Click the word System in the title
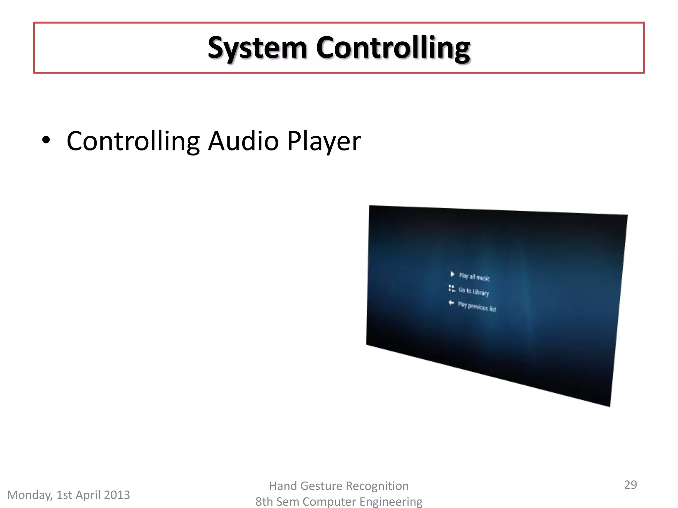coord(257,48)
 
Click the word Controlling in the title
coord(393,48)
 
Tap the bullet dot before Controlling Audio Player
coord(46,140)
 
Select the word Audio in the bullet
coord(243,141)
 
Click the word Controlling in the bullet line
coord(133,141)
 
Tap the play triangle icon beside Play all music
coord(452,274)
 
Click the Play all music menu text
coord(474,277)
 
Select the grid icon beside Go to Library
coord(452,288)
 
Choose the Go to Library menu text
coord(474,291)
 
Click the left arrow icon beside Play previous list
coord(451,303)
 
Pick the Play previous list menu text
coord(477,307)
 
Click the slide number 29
coord(630,485)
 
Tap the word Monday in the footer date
coord(30,495)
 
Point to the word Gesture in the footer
coord(323,486)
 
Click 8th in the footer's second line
coord(264,502)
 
